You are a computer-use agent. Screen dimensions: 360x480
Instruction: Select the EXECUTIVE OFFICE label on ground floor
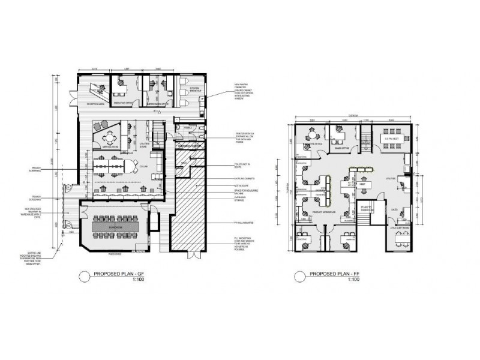(x=123, y=103)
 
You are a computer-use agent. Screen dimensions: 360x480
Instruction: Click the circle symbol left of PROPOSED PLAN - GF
(x=83, y=277)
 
